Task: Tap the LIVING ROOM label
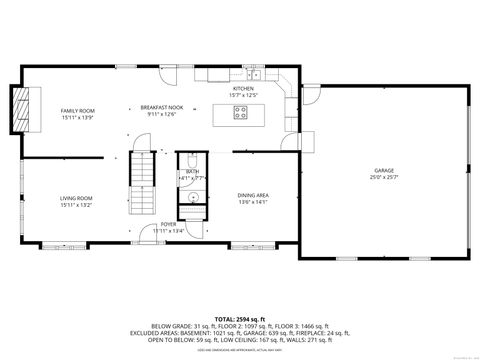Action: click(x=76, y=198)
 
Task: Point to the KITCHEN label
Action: click(x=244, y=89)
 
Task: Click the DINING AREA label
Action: click(x=251, y=195)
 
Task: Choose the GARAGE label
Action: click(x=384, y=171)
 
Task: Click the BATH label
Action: click(x=192, y=172)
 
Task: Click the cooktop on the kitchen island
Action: click(x=240, y=112)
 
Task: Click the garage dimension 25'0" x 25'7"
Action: click(x=384, y=178)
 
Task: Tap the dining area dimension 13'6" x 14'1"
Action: click(x=251, y=202)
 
